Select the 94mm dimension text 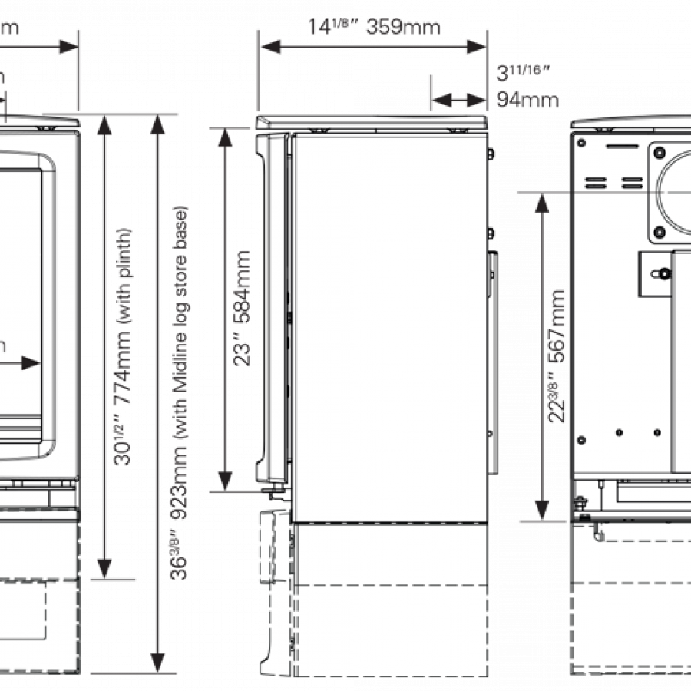click(x=527, y=100)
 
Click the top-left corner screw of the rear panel click(x=582, y=142)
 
